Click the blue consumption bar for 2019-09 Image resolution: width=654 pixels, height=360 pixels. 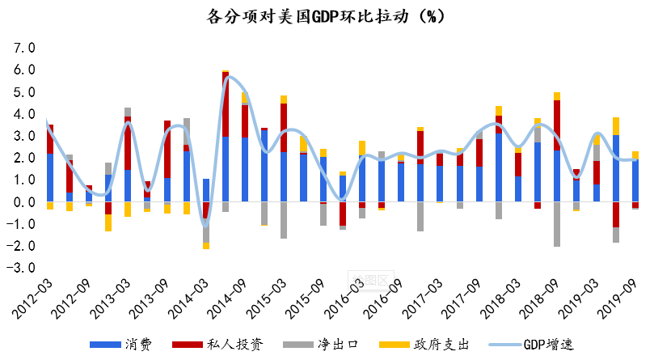635,180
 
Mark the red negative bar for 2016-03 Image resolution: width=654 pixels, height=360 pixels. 343,214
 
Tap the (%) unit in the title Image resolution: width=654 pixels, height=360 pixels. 427,15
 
